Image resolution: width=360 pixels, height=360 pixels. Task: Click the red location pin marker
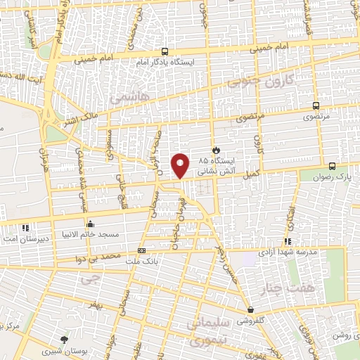(x=181, y=165)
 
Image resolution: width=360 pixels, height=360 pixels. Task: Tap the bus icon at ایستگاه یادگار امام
(x=165, y=51)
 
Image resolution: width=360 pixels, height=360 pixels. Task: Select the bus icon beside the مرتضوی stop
(x=316, y=108)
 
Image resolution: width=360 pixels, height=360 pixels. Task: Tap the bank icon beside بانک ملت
(x=141, y=250)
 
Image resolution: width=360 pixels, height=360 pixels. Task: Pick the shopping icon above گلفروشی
(x=250, y=309)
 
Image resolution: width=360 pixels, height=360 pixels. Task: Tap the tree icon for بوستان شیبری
(x=65, y=340)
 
